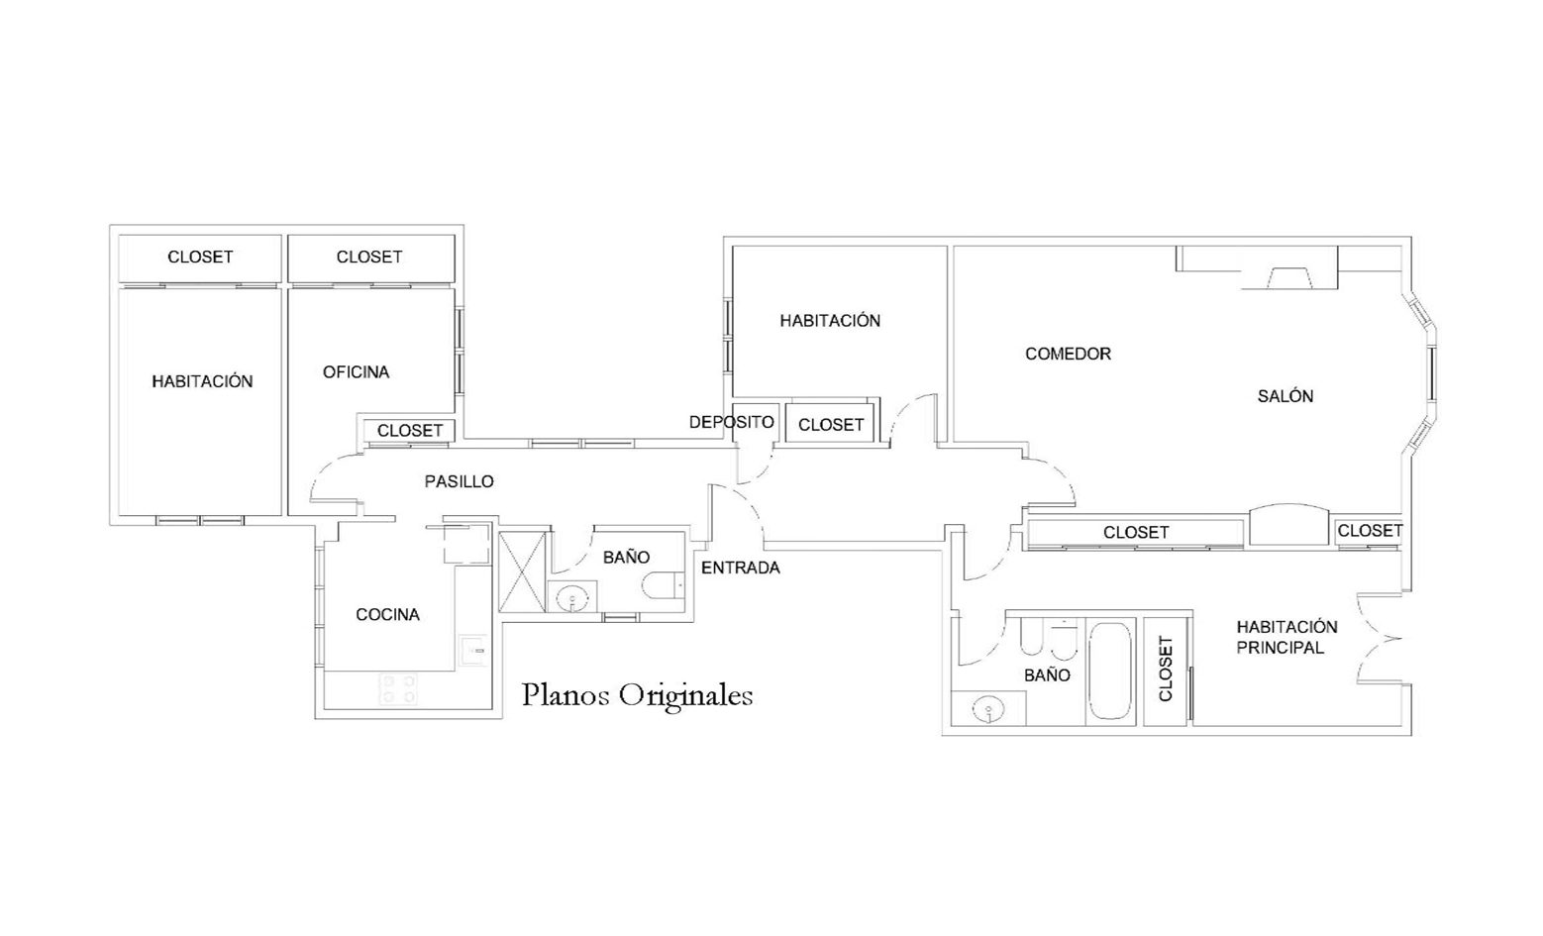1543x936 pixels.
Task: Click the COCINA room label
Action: tap(387, 614)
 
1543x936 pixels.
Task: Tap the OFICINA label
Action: tap(357, 371)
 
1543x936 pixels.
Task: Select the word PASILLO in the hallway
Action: tap(459, 481)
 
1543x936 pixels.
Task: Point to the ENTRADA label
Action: tap(741, 568)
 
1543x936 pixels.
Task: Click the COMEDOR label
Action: tap(1068, 354)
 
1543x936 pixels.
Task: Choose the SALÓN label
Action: tap(1286, 396)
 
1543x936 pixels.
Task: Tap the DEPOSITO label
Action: tap(732, 422)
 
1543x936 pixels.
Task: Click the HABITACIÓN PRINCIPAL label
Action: tap(1286, 637)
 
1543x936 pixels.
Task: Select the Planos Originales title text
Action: tap(637, 695)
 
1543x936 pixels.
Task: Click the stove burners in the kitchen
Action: tap(398, 688)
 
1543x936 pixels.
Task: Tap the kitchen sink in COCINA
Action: tap(474, 650)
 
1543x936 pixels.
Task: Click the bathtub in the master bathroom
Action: tap(1110, 671)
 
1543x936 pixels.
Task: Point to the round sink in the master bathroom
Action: tap(988, 709)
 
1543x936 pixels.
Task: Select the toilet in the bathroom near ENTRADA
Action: tap(664, 584)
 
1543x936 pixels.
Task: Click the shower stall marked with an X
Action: tap(522, 572)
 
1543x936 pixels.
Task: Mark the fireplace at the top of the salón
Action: tap(1288, 277)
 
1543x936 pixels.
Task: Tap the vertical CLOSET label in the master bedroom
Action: tap(1166, 669)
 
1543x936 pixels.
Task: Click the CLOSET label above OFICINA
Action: tap(369, 257)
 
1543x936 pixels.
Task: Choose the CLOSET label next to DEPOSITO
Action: tap(831, 425)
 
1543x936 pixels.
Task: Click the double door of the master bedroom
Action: tap(1371, 638)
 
